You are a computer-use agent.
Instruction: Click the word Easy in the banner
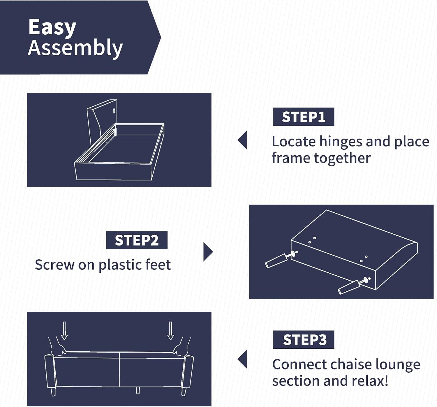coord(52,27)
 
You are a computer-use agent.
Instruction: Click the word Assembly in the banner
coord(75,48)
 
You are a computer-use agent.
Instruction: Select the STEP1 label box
coord(303,117)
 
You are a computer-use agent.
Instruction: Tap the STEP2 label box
coord(137,240)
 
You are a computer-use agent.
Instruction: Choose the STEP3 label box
coord(303,340)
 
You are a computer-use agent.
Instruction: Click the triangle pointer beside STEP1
coord(243,140)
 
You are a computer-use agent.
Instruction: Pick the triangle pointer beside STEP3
coord(243,359)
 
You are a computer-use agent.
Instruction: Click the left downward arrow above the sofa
coord(64,331)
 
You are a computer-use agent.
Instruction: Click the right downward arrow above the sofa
coord(170,331)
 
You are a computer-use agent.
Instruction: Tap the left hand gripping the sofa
coord(57,348)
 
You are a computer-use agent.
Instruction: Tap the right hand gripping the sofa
coord(181,347)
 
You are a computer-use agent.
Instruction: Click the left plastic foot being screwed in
coord(276,260)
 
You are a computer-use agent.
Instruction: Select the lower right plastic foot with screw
coord(348,287)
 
